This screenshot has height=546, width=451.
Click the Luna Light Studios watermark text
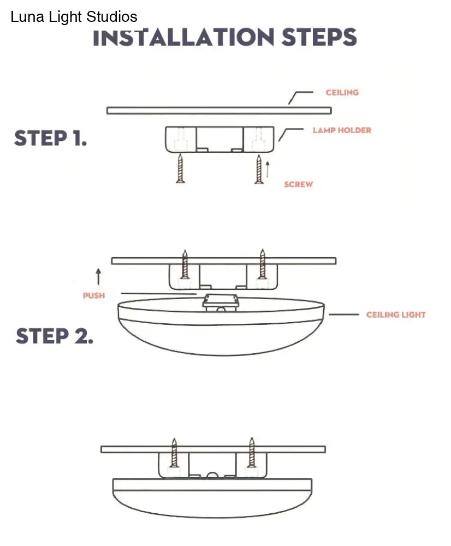point(74,17)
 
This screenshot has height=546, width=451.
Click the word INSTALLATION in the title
point(183,38)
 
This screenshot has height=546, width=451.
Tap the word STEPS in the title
point(319,38)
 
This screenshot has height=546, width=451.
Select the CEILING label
point(342,92)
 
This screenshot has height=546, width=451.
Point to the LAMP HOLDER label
point(342,130)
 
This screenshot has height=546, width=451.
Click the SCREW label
point(298,185)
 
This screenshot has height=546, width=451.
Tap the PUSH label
point(93,295)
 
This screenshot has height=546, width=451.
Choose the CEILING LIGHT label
point(396,314)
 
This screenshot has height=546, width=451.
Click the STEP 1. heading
point(50,138)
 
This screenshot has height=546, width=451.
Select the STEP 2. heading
point(54,336)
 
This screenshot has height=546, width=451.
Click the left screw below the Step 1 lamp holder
point(180,169)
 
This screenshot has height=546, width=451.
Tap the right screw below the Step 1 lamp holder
point(259,169)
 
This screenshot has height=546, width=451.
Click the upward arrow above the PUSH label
point(98,276)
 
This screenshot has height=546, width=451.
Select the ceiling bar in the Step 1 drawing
point(218,110)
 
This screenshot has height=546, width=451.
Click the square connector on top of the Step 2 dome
point(221,302)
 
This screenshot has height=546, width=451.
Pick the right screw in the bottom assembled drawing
point(251,452)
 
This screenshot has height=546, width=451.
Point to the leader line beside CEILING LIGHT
point(343,314)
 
